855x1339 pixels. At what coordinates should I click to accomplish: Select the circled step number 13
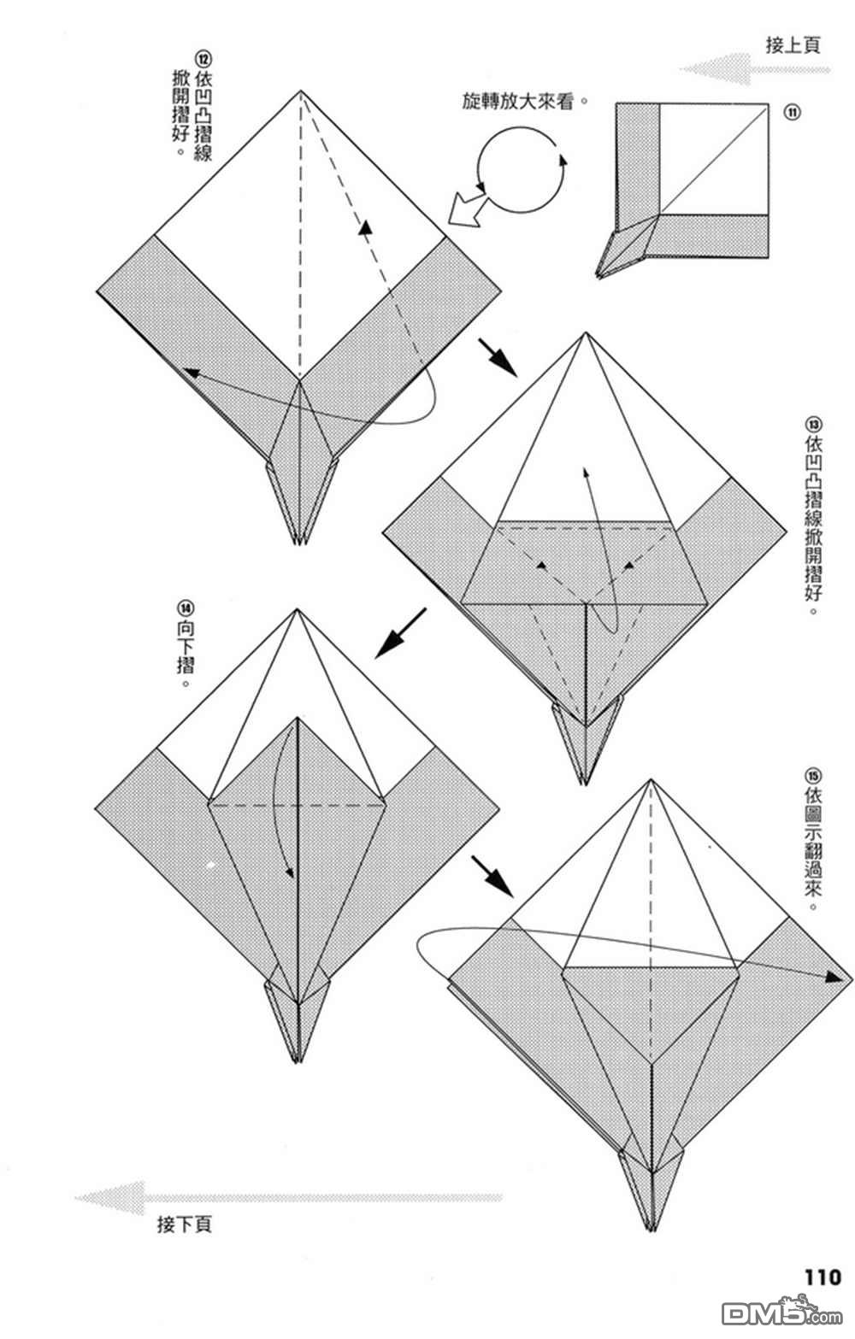pos(813,424)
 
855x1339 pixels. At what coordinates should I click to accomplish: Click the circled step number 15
pos(812,777)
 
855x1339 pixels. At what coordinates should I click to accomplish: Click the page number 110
pos(822,1277)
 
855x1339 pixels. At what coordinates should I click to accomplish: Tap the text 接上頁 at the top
pos(793,45)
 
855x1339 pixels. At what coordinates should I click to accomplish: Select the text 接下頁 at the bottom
pos(185,1224)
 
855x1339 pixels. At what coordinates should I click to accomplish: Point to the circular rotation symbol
pos(520,170)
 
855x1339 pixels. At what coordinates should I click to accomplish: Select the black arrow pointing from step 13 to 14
pos(399,633)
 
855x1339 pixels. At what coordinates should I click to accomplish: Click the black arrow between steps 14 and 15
pos(492,876)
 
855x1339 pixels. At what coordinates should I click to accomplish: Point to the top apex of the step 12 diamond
pos(300,91)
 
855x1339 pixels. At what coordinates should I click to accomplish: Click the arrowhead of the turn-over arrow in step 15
pos(833,976)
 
